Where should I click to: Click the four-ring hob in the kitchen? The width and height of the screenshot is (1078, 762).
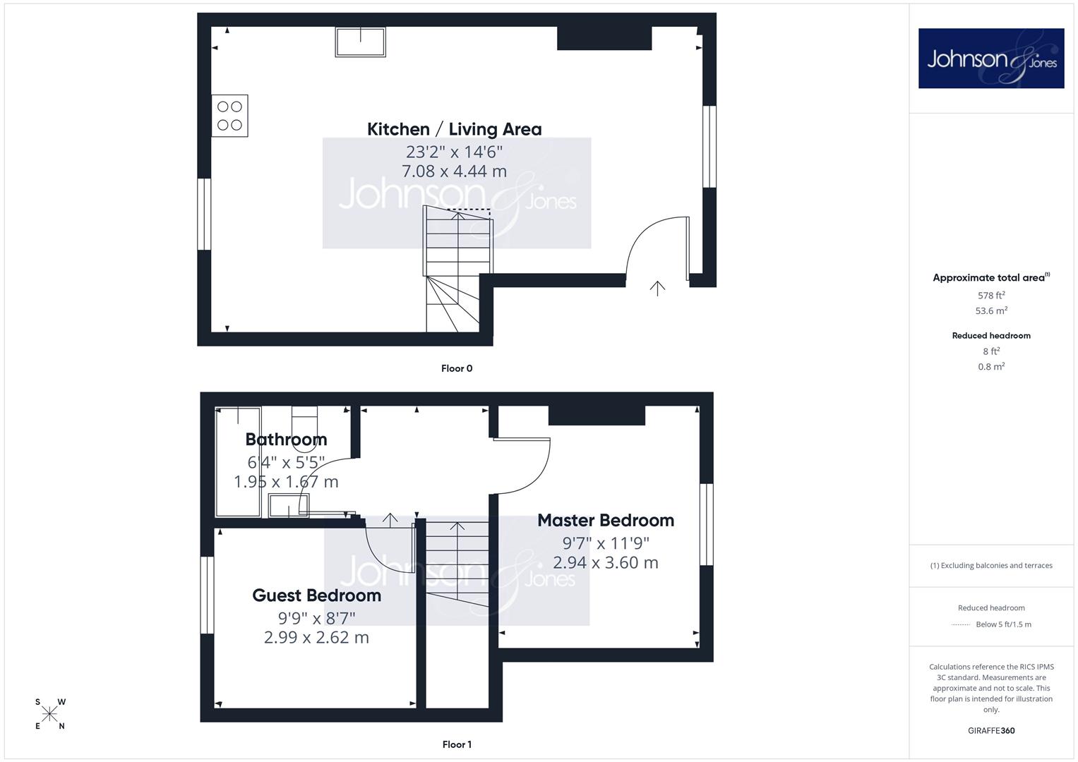pos(230,116)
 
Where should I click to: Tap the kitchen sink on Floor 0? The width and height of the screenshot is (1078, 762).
pos(361,42)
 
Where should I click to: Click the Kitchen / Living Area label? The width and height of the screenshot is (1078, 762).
pos(455,129)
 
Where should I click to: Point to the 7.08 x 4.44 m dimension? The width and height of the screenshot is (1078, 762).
pos(455,171)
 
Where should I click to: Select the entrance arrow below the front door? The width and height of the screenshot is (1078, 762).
pos(657,288)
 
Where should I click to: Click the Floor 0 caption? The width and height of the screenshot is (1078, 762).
pos(457,368)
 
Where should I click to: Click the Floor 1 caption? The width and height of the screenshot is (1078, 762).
pos(457,744)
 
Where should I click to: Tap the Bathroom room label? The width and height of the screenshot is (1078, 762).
pos(287,439)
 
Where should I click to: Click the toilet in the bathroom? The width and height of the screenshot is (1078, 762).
pos(305,421)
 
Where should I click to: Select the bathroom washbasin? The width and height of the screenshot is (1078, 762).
pos(288,506)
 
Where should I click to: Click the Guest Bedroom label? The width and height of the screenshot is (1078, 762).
pos(317,595)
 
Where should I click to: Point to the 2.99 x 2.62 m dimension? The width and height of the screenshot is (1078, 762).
pos(317,637)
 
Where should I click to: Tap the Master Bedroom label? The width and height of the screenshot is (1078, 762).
pos(606,521)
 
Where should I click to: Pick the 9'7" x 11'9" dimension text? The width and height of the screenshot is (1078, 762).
pos(606,543)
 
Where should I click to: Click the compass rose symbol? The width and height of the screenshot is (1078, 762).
pos(49,714)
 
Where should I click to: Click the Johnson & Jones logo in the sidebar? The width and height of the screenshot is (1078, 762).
pos(991,58)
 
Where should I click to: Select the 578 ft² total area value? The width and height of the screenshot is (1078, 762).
pos(991,295)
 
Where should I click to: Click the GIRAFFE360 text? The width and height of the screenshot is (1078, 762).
pos(991,731)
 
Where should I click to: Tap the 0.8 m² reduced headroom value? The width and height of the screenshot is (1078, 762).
pos(991,367)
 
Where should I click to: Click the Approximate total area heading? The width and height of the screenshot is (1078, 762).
pos(991,277)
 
